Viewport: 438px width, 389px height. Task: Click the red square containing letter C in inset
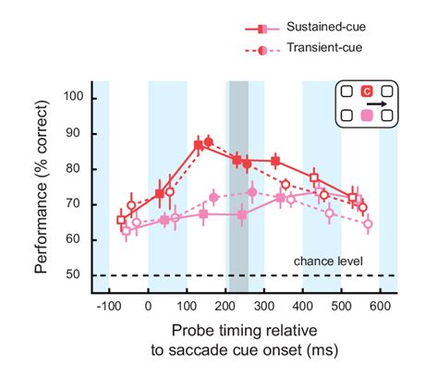(366, 91)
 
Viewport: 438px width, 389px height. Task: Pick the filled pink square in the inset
(366, 115)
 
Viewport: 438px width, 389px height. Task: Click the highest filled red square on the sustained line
(199, 145)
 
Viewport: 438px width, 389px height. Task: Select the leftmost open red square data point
(121, 220)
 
